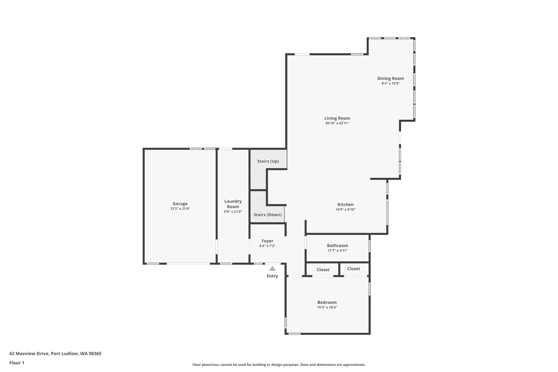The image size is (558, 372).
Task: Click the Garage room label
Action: [180, 204]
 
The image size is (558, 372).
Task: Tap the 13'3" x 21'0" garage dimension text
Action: [180, 209]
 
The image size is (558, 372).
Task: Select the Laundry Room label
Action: [233, 204]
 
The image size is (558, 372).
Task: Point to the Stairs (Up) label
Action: [268, 161]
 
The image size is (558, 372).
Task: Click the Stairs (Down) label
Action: [268, 215]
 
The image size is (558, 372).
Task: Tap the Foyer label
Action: [267, 241]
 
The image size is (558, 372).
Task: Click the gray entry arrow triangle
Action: [272, 269]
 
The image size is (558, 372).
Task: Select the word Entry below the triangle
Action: [272, 276]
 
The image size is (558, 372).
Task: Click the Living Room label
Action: [337, 118]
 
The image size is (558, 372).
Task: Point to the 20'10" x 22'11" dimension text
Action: [337, 123]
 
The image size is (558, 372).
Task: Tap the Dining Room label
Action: [390, 78]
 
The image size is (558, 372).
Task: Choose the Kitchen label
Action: [345, 205]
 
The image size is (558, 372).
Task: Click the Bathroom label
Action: [337, 246]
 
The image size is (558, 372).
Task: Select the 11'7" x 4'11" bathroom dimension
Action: [337, 251]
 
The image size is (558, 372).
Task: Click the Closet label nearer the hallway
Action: [323, 270]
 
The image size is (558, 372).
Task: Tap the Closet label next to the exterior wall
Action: [353, 269]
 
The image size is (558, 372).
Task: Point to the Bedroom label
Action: [327, 303]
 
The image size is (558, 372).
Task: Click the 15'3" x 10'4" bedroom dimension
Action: [327, 307]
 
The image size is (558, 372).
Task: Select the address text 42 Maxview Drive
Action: [29, 354]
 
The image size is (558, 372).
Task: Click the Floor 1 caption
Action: [17, 363]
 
